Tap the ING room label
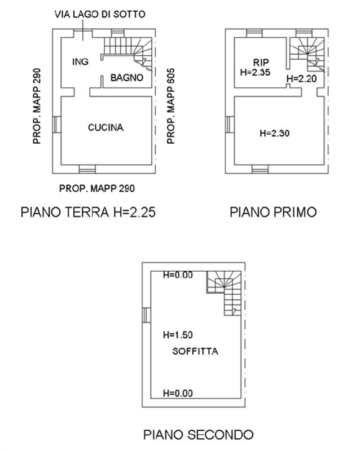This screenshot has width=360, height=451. (x=80, y=62)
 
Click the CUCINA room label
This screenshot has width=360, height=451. (x=106, y=128)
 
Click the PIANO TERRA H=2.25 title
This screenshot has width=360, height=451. (x=87, y=213)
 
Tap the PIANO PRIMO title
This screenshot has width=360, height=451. (x=273, y=213)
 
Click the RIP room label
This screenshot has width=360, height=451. (x=260, y=62)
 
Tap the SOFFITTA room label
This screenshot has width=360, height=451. (x=195, y=351)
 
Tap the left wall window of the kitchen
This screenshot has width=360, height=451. (x=55, y=125)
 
